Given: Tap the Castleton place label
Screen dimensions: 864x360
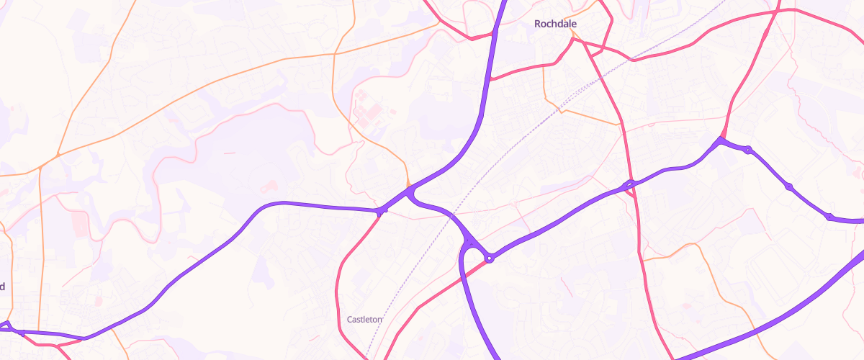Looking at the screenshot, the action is click(364, 319).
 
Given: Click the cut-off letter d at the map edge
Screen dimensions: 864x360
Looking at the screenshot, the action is click(2, 287).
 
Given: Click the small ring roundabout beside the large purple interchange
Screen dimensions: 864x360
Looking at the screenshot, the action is click(490, 258).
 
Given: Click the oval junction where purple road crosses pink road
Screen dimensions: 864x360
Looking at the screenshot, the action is click(629, 185).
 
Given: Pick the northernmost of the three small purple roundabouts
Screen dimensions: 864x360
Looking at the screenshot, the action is click(749, 150).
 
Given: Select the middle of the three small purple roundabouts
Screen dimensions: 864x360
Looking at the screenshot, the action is click(789, 186).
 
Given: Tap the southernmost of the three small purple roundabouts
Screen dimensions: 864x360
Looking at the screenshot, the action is click(829, 216).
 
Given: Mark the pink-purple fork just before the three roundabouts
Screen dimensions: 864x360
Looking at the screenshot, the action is click(721, 139).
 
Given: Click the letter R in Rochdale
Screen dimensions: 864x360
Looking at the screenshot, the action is click(538, 24).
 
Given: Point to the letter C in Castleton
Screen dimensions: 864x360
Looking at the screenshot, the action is click(349, 319).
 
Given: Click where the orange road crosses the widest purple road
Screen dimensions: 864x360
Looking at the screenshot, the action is click(495, 30).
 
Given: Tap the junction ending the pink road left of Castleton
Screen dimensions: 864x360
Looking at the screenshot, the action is click(381, 211).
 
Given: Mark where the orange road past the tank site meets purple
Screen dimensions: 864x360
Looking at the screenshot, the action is click(408, 189).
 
